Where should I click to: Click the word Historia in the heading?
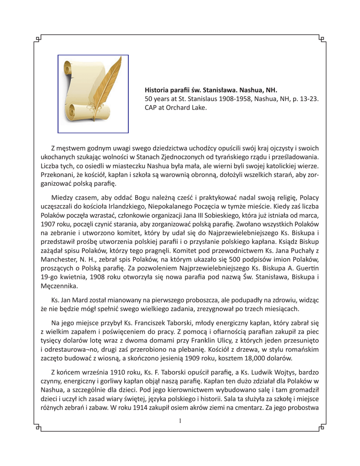[157, 90]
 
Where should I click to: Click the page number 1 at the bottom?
[180, 421]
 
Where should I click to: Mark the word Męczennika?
[59, 286]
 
